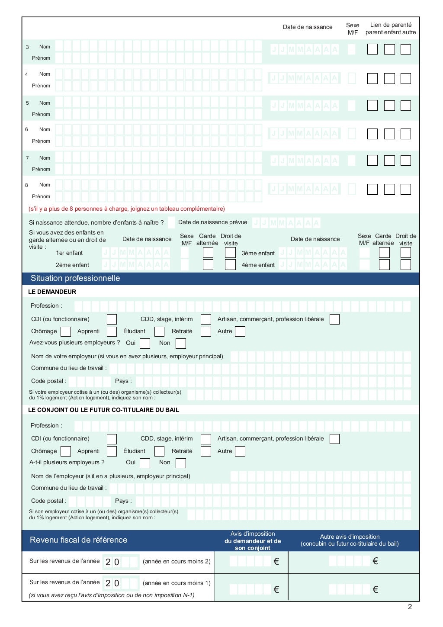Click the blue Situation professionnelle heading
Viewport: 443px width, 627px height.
[x=75, y=278]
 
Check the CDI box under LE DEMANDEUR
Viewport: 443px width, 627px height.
[x=112, y=319]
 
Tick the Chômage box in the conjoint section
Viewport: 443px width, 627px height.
[x=66, y=451]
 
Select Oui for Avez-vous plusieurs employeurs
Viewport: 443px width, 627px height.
[x=145, y=344]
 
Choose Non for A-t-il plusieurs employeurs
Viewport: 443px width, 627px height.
[x=181, y=463]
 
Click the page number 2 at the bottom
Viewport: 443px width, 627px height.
[x=410, y=607]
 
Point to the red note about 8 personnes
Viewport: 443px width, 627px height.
[x=127, y=209]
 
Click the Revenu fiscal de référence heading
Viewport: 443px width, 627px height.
[x=78, y=540]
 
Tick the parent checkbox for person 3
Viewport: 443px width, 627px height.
[x=372, y=49]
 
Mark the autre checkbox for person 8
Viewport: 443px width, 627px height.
[x=405, y=189]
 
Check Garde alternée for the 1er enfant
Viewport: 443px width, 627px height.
[x=208, y=253]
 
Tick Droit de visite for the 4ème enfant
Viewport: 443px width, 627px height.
[x=405, y=265]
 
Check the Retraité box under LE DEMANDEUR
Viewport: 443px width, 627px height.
[x=206, y=331]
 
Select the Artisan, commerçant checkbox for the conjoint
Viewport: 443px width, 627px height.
[x=334, y=439]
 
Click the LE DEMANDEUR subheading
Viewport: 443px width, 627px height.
[x=52, y=292]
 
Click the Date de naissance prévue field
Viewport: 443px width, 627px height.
[x=286, y=223]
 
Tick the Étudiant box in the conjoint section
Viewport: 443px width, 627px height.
[x=159, y=451]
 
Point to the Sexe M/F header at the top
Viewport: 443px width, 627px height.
[x=353, y=29]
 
